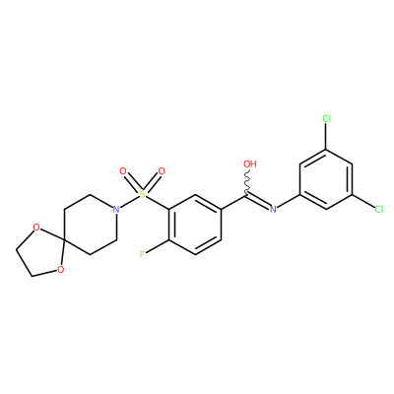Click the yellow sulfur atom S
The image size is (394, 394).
tap(142, 194)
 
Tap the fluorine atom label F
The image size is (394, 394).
tap(142, 254)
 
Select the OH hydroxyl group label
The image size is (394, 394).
tap(250, 164)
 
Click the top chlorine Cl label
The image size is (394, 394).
tap(326, 118)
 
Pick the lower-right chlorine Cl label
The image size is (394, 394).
tap(379, 209)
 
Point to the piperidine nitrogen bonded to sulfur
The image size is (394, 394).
tap(115, 209)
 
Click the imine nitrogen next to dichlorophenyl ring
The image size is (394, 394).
tap(273, 209)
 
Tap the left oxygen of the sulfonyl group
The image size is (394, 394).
tap(123, 171)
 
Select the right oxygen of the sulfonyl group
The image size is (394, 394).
tap(162, 171)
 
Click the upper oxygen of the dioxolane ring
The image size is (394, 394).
tap(36, 228)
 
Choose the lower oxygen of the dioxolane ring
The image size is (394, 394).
tap(60, 270)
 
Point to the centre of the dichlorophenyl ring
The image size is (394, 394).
tap(326, 179)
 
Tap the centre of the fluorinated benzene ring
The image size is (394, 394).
tap(195, 225)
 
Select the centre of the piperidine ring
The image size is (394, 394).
tap(91, 225)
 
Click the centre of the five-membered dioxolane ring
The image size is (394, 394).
tap(41, 252)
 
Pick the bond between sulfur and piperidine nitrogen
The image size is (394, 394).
tap(129, 202)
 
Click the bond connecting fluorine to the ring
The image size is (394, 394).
tap(158, 247)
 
